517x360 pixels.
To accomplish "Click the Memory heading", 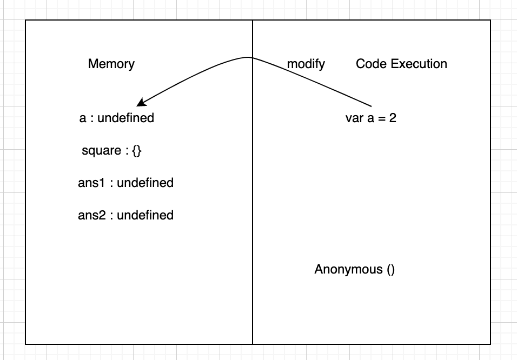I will point(111,64).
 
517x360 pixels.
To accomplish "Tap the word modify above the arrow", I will point(306,64).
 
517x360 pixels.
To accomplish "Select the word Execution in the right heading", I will point(419,64).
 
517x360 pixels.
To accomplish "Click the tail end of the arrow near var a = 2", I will point(372,105).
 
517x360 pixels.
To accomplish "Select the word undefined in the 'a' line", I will point(125,118).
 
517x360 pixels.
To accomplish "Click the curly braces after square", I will point(136,151).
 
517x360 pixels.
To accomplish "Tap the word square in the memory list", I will point(101,151).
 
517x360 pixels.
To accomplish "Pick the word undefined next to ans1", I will point(145,183).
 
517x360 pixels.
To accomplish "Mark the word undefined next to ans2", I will point(145,216).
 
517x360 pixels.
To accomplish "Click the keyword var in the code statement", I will point(354,118).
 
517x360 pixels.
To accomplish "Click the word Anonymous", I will point(348,269).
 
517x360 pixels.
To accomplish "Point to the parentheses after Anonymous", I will point(391,269).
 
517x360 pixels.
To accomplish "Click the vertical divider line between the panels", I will point(253,216).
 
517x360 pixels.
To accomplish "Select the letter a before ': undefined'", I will point(83,118).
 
